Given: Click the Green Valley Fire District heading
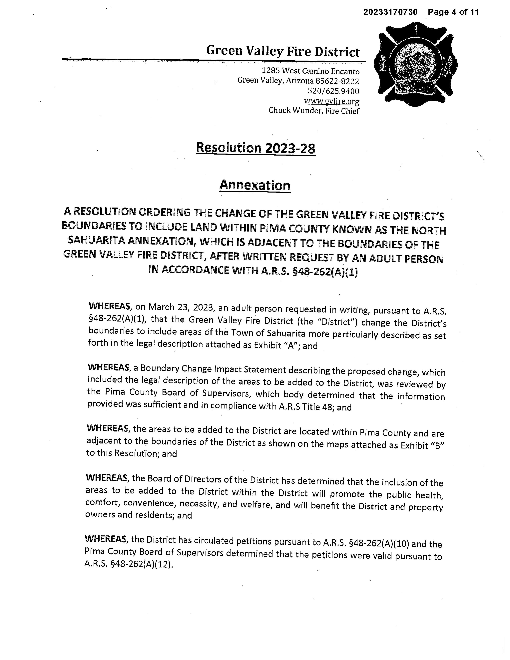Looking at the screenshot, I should coord(283,51).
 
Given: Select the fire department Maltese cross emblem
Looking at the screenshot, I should coord(415,65).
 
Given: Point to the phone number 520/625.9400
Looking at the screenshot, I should coord(333,91).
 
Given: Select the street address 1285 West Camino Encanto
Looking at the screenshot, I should coord(310,71).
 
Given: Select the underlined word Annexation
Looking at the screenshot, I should coord(255,185).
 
